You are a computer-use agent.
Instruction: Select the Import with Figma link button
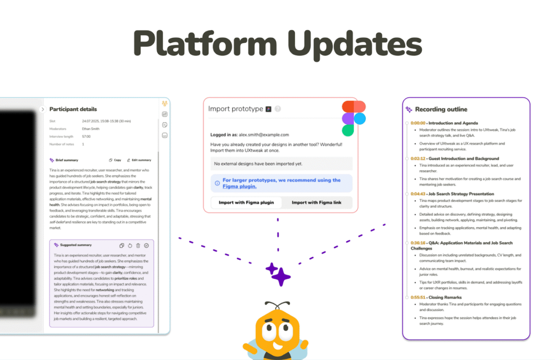click(x=317, y=203)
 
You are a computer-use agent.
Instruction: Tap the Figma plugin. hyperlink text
click(x=239, y=186)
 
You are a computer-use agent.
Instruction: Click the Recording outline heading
click(x=441, y=109)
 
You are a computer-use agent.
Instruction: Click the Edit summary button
click(x=139, y=160)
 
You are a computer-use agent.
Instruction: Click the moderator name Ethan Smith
click(x=92, y=128)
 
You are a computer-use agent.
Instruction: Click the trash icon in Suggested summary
click(x=138, y=245)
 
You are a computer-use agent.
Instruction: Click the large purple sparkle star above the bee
click(x=281, y=276)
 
